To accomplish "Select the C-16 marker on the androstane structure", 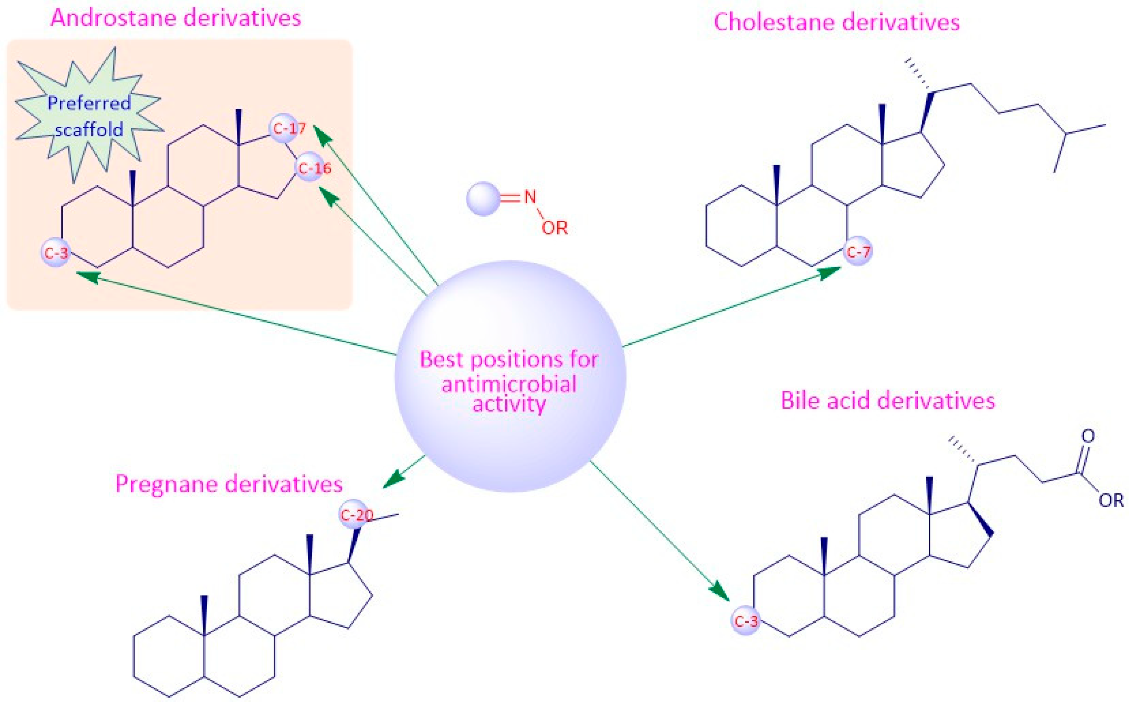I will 310,167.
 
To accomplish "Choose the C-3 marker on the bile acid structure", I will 745,621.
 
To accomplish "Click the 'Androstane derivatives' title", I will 176,19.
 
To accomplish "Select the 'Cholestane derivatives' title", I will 836,22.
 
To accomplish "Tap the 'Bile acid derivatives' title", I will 887,401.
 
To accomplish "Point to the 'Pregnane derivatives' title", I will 229,484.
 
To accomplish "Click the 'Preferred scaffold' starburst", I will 89,116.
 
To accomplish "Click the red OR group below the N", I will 555,228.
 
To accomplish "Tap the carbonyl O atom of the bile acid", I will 1088,436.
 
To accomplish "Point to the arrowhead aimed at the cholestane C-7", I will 831,272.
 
